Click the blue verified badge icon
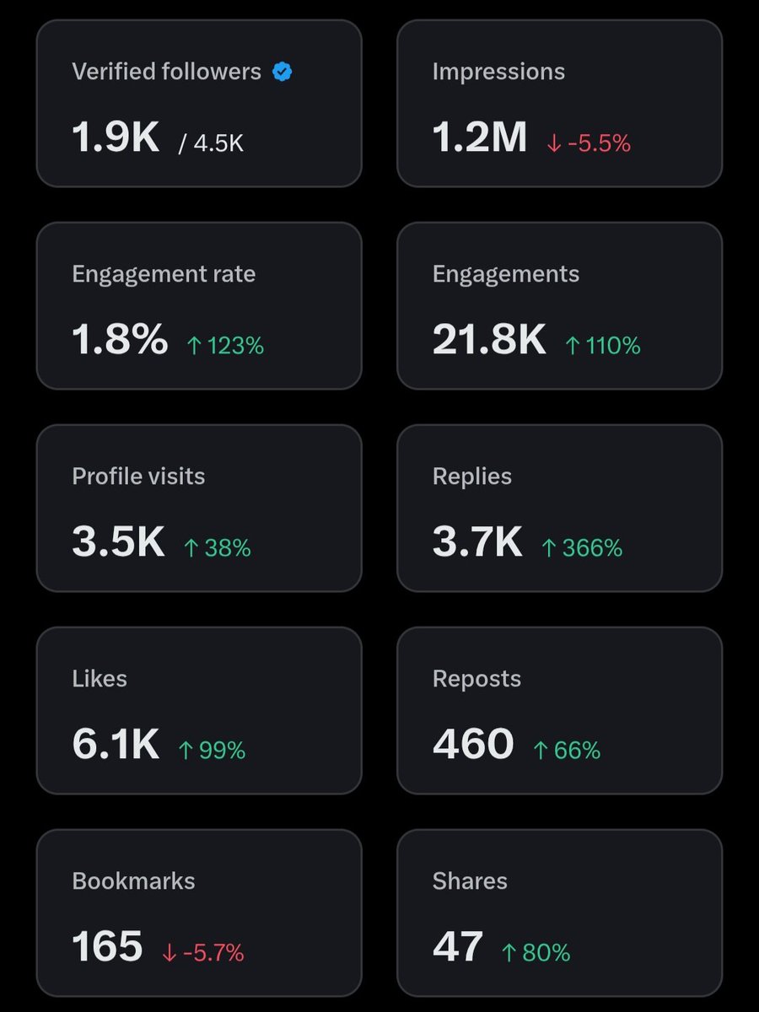coord(282,73)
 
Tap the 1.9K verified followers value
coord(116,137)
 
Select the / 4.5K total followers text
coord(211,143)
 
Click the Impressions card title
coord(498,72)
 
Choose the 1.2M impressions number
coord(479,137)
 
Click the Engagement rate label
coord(164,274)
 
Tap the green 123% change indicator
coord(225,346)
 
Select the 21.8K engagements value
coord(489,340)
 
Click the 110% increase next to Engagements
coord(602,346)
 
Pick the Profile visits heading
coord(138,476)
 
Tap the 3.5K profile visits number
coord(118,542)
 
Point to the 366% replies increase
coord(581,548)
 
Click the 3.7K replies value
coord(477,542)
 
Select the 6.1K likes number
coord(116,745)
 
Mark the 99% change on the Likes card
coord(212,751)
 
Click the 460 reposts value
coord(473,745)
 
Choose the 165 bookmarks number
coord(107,947)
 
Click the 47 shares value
coord(458,947)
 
